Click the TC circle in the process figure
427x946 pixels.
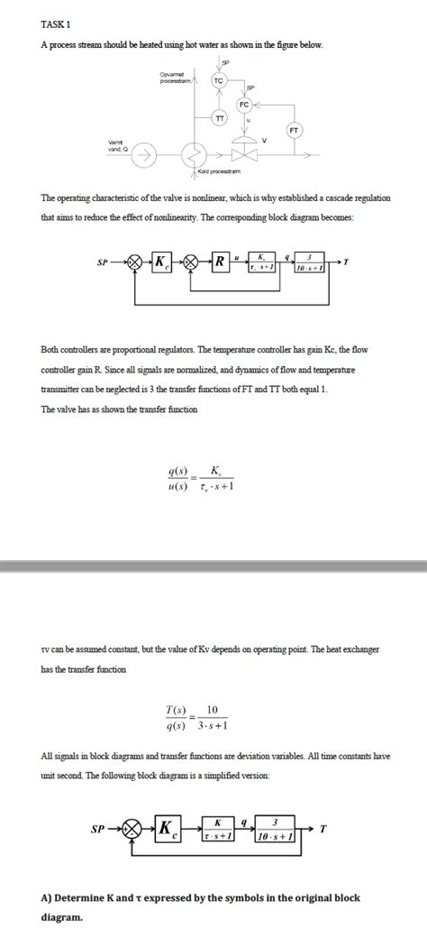tap(219, 80)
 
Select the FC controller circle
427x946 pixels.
tap(244, 105)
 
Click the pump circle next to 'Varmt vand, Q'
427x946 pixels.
tap(141, 155)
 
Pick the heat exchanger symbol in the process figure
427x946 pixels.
tap(190, 155)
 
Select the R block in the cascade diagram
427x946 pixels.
tap(220, 262)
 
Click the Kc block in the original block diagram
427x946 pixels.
tap(160, 262)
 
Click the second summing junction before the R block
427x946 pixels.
tap(192, 262)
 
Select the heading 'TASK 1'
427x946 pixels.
tap(56, 24)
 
